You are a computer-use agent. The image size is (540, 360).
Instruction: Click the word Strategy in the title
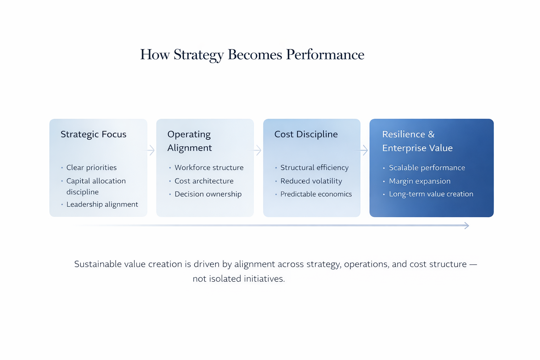199,55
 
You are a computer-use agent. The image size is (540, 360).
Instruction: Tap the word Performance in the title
325,54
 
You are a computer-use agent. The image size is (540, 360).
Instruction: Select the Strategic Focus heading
93,135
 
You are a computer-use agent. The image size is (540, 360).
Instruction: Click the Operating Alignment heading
189,141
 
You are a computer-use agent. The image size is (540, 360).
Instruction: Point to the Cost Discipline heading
306,134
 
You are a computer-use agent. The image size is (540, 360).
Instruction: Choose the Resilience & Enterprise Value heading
417,141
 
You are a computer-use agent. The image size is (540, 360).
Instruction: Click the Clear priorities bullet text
91,168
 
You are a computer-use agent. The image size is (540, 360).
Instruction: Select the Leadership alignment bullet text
102,205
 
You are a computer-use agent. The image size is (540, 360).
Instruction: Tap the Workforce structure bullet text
209,168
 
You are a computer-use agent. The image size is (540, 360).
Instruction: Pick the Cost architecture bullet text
204,181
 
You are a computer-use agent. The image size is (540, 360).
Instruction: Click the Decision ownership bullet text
208,194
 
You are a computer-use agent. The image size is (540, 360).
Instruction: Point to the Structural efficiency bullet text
314,168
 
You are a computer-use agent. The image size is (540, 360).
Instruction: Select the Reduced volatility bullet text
311,181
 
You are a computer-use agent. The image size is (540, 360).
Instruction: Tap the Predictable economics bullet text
316,194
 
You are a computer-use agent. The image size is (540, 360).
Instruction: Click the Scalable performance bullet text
427,168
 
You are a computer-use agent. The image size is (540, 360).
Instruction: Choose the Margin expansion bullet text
420,181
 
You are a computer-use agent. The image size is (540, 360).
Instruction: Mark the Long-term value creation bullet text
431,194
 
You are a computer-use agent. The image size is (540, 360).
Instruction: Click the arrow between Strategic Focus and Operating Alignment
149,150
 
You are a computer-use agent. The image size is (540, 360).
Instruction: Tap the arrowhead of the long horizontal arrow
467,225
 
